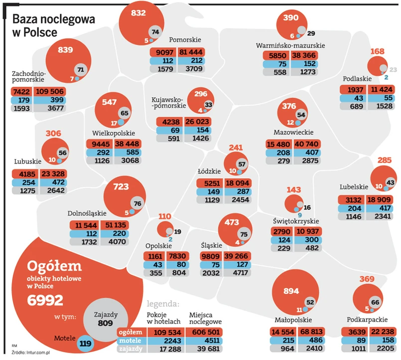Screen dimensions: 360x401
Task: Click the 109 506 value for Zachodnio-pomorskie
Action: pyautogui.click(x=50, y=92)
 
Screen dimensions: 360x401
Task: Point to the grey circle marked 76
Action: pyautogui.click(x=137, y=203)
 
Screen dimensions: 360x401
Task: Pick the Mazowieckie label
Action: pyautogui.click(x=293, y=133)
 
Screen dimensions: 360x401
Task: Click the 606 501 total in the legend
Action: pyautogui.click(x=206, y=332)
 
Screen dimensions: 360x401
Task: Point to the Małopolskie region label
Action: pyautogui.click(x=293, y=320)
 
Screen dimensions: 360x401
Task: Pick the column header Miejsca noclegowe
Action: pyautogui.click(x=205, y=319)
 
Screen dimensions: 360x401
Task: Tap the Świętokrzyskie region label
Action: pyautogui.click(x=296, y=220)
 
